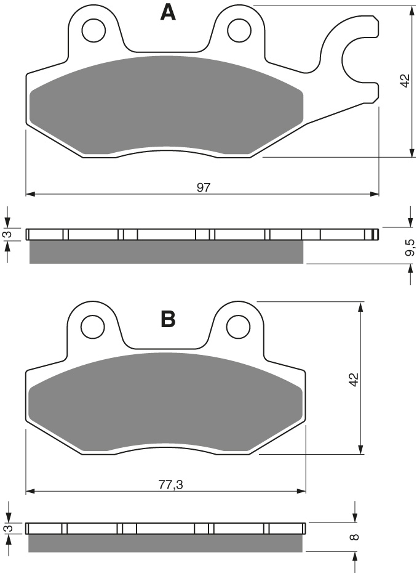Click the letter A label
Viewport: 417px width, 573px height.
click(168, 12)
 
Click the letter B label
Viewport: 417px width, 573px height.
click(168, 319)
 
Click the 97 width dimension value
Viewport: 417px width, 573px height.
click(204, 188)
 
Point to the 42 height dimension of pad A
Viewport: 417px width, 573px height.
click(404, 81)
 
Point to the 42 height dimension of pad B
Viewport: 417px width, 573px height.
click(354, 380)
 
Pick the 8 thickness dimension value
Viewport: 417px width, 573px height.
click(354, 537)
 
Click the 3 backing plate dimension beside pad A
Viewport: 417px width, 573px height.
click(8, 234)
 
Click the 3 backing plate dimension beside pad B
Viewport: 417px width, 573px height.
click(8, 529)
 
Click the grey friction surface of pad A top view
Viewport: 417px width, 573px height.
click(166, 105)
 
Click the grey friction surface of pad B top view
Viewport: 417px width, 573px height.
click(166, 400)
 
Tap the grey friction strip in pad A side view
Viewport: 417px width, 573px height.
click(166, 252)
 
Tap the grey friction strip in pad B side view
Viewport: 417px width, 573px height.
click(166, 542)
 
